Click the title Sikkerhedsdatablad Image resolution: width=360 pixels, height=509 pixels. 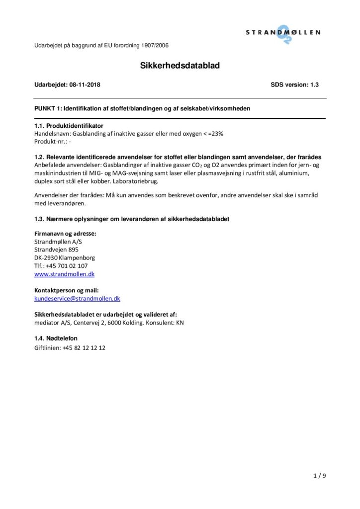[x=180, y=65]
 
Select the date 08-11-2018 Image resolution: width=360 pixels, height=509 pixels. [x=85, y=85]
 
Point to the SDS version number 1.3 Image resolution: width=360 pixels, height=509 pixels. [x=314, y=85]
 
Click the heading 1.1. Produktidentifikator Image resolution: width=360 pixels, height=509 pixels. [x=69, y=126]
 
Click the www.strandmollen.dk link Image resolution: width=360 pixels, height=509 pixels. [x=64, y=274]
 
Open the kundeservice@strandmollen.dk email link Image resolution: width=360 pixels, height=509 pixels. [x=77, y=299]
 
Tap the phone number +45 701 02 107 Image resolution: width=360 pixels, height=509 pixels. [x=67, y=266]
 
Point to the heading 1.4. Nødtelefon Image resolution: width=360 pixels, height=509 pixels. [x=56, y=339]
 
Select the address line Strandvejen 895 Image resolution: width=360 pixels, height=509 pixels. [x=56, y=250]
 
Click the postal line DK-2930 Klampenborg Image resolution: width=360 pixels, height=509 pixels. [x=65, y=257]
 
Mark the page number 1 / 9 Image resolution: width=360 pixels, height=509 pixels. [x=320, y=476]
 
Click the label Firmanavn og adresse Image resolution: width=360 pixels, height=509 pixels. [x=65, y=233]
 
